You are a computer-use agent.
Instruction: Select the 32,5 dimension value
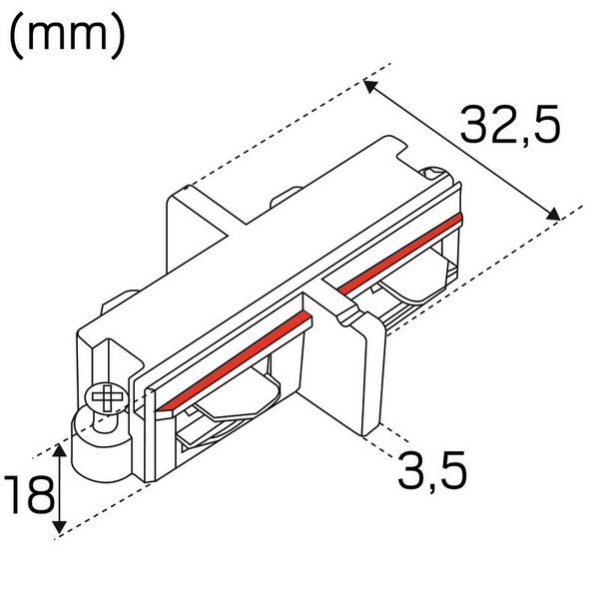click(510, 125)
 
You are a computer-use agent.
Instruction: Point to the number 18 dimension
click(27, 495)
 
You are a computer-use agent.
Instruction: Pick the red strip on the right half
click(399, 254)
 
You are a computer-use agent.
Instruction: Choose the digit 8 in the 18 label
click(39, 495)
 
